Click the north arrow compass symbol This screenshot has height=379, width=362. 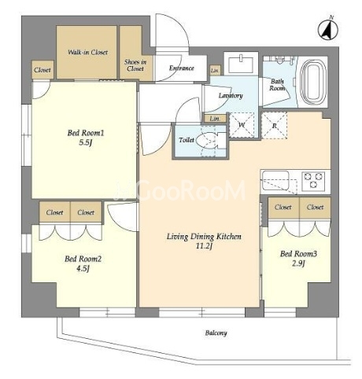pyautogui.click(x=328, y=29)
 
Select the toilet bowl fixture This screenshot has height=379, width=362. pyautogui.click(x=211, y=141)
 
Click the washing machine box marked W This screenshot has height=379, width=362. pyautogui.click(x=242, y=125)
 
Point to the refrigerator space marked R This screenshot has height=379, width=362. pyautogui.click(x=275, y=126)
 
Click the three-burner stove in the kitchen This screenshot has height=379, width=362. pyautogui.click(x=313, y=181)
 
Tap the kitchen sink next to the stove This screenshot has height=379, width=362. pyautogui.click(x=275, y=179)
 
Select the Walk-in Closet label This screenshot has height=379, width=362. pyautogui.click(x=87, y=52)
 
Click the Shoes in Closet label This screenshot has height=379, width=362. pyautogui.click(x=135, y=65)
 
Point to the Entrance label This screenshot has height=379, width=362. pyautogui.click(x=182, y=68)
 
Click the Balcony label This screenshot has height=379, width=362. pyautogui.click(x=216, y=333)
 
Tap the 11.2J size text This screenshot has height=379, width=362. pyautogui.click(x=204, y=246)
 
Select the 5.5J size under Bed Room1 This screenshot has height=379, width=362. pyautogui.click(x=86, y=142)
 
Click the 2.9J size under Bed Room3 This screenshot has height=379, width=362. pyautogui.click(x=298, y=263)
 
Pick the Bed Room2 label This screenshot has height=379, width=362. pyautogui.click(x=83, y=259)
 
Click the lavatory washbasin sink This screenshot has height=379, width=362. pyautogui.click(x=241, y=63)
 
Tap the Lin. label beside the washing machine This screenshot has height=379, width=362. pyautogui.click(x=215, y=119)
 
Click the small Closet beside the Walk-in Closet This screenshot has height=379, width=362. pyautogui.click(x=42, y=70)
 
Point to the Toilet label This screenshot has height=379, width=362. pyautogui.click(x=187, y=140)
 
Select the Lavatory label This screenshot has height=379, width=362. pyautogui.click(x=231, y=96)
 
